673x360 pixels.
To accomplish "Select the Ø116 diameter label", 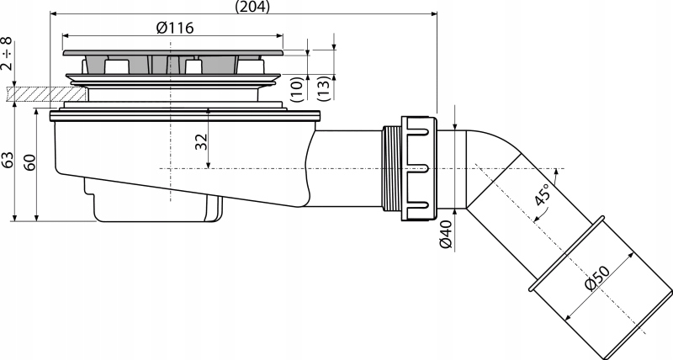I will (x=175, y=28).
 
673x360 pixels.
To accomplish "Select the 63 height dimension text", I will (x=8, y=160).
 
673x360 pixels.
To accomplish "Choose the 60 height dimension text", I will (x=30, y=161).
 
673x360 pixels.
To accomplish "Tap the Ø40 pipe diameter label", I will (x=447, y=234).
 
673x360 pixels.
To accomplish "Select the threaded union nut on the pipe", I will (x=416, y=168).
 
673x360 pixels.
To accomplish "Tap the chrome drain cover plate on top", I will (x=172, y=54).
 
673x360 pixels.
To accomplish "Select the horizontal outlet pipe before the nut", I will (x=345, y=168).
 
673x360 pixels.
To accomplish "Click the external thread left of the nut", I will (x=389, y=168).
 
